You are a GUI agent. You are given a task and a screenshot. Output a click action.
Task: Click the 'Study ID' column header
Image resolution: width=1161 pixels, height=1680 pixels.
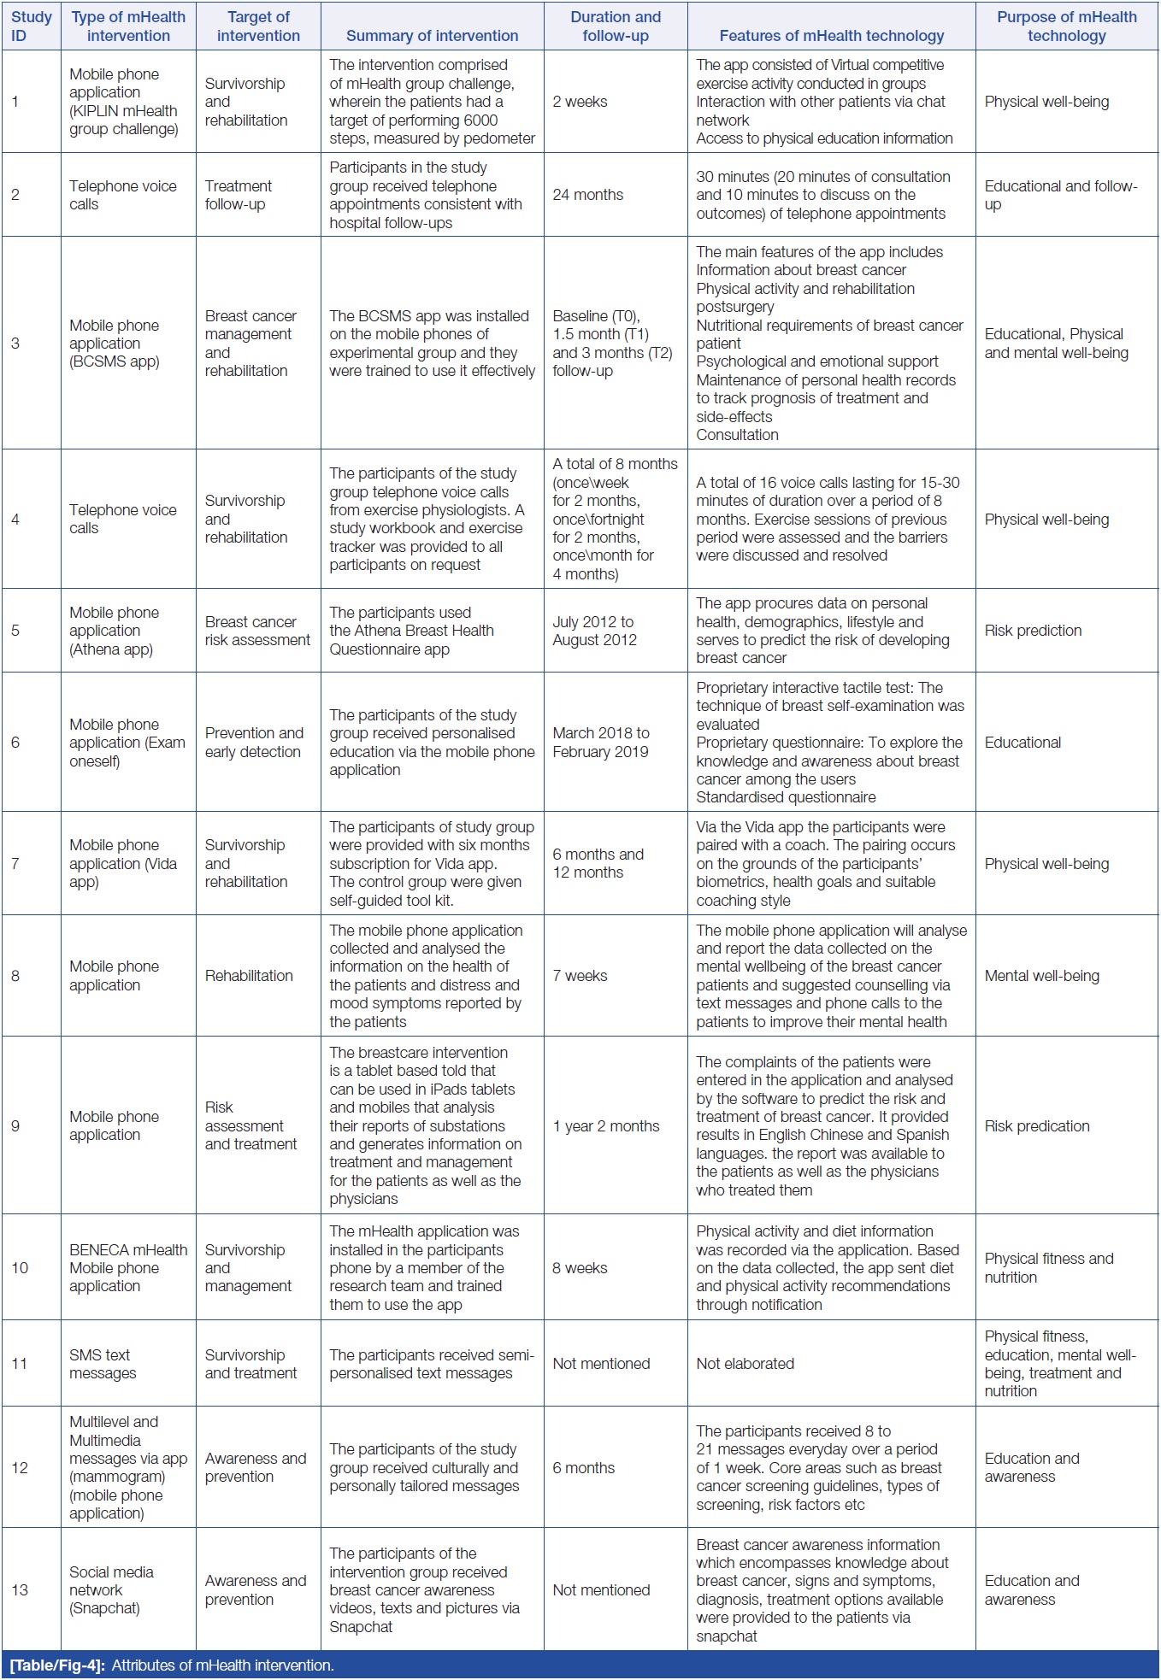point(31,26)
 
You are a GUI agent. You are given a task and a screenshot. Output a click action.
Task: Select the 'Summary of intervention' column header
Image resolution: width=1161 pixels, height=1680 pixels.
point(432,36)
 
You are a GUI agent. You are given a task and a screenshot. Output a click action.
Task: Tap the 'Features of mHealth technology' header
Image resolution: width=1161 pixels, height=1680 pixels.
point(831,36)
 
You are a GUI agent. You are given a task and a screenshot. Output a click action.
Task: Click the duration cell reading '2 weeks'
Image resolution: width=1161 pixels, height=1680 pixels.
point(580,102)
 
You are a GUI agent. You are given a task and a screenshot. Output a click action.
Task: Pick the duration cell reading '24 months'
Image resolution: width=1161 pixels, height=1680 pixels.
point(587,195)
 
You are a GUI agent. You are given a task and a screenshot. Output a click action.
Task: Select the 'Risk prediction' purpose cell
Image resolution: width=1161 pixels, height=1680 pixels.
point(1033,631)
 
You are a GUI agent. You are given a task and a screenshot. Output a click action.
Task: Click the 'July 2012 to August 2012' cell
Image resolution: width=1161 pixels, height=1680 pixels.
point(594,631)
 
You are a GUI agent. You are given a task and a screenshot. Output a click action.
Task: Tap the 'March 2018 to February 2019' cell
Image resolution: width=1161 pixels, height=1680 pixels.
point(600,743)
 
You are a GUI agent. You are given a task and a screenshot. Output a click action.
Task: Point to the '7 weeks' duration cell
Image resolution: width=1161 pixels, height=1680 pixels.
point(580,976)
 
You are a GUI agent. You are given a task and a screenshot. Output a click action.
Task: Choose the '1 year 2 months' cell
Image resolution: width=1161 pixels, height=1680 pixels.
point(605,1126)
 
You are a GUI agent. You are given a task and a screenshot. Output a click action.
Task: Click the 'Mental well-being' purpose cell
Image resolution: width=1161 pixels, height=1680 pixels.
point(1041,976)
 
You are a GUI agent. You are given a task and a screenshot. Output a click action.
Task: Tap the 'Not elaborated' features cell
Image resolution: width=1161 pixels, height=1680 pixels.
point(745,1364)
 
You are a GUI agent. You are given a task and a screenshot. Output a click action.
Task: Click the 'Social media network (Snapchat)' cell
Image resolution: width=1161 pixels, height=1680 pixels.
point(111,1590)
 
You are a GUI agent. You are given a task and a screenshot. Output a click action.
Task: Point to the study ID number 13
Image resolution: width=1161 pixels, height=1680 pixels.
point(20,1590)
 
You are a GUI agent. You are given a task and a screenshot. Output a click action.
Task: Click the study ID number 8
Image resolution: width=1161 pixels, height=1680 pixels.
point(15,976)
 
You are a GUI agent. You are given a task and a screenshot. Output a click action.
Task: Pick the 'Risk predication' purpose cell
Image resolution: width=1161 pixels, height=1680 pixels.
point(1036,1126)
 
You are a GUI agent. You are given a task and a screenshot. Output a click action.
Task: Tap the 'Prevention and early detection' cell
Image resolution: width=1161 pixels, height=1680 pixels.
point(253,743)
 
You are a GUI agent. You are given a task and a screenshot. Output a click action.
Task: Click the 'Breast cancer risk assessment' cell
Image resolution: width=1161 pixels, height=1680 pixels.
point(257,631)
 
